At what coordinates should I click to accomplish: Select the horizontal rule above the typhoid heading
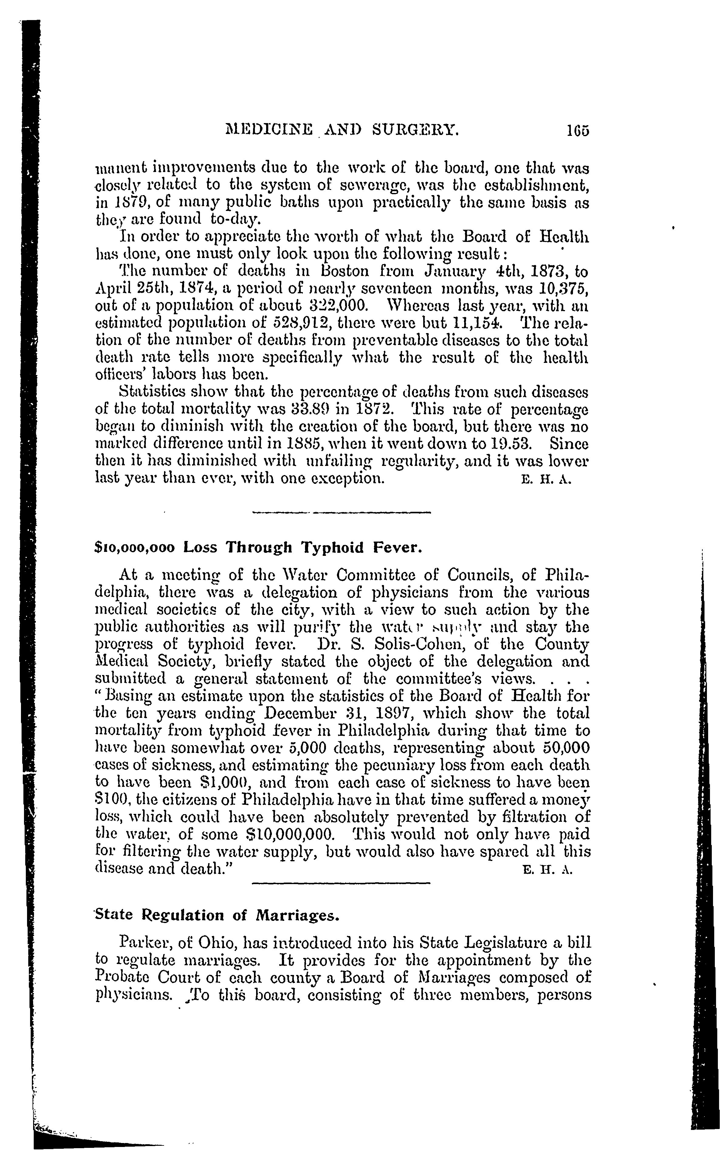point(341,513)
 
